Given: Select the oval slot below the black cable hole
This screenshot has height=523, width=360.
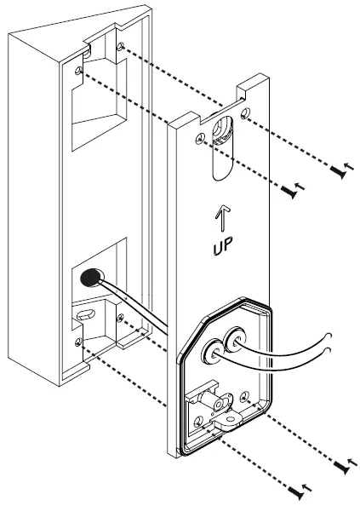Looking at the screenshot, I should pyautogui.click(x=84, y=314).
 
